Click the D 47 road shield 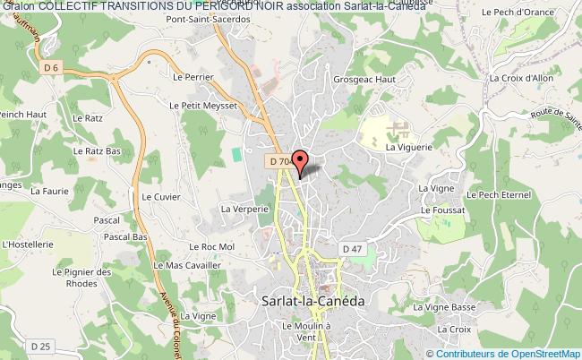click(352, 248)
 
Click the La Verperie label click(244, 208)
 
